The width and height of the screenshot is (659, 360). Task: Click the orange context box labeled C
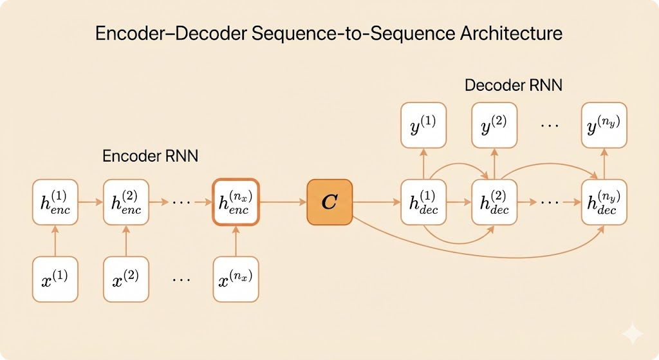329,202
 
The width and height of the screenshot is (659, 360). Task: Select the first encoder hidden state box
55,202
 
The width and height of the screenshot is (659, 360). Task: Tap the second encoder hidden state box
126,202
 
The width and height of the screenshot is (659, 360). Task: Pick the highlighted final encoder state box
236,202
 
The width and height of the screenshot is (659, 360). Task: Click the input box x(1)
55,279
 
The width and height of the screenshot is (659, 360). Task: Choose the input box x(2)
126,279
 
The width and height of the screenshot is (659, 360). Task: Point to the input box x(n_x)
236,279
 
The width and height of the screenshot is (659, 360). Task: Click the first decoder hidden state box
423,202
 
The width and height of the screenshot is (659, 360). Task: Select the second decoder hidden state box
494,202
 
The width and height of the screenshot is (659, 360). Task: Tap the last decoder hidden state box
603,202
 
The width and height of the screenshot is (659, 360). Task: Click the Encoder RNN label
150,156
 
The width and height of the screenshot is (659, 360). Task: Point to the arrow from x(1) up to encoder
55,240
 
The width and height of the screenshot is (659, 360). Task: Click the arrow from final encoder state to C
283,202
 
